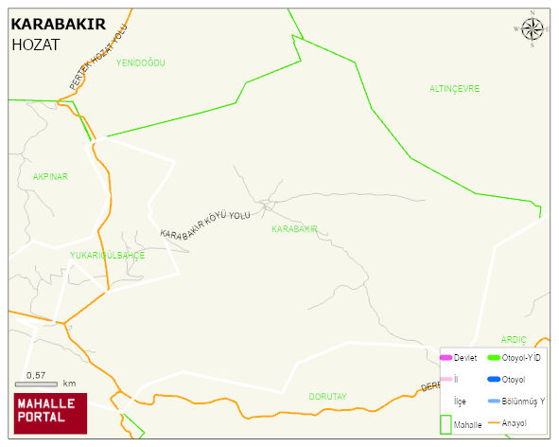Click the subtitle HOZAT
tap(35, 45)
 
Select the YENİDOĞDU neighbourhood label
tap(140, 63)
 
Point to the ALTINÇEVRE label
tap(454, 88)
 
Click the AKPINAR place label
tap(50, 176)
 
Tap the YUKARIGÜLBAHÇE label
tap(107, 256)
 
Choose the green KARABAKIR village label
tap(293, 229)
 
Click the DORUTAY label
tap(328, 396)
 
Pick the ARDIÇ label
tap(513, 339)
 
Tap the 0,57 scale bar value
tap(36, 376)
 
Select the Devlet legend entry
tap(464, 357)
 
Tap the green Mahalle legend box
tap(446, 424)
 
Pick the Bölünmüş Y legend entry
tap(522, 401)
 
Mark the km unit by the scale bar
tap(69, 384)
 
